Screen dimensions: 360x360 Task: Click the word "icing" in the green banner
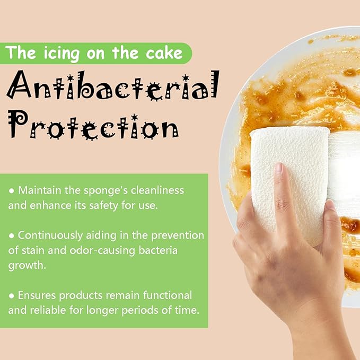(62, 54)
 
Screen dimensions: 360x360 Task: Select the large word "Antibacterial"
(113, 85)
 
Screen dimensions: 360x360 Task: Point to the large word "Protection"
(93, 125)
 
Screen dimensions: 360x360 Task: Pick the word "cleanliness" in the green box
(157, 190)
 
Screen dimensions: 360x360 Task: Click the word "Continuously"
(50, 236)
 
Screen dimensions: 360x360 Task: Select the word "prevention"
(178, 235)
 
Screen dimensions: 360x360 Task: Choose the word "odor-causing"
(102, 250)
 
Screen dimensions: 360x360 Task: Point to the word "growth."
(27, 266)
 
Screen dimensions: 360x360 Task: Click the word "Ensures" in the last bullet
(37, 295)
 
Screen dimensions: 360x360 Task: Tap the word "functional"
(168, 295)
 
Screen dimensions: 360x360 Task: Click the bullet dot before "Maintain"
(12, 191)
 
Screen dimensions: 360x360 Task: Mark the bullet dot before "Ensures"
(12, 296)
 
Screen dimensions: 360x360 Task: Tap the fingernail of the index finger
(279, 168)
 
